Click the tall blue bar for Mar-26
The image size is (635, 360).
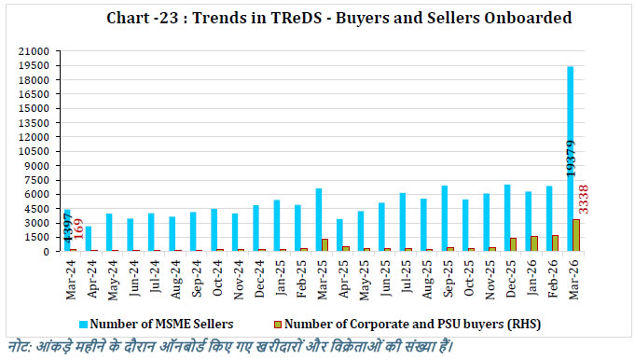[570, 159]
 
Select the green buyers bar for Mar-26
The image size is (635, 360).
[576, 235]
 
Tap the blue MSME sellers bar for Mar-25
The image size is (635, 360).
[318, 220]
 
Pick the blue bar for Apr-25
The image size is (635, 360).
[339, 235]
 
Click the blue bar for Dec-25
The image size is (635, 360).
[506, 218]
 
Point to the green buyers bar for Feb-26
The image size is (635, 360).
[555, 242]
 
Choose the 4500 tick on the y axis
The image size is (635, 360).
[38, 208]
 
